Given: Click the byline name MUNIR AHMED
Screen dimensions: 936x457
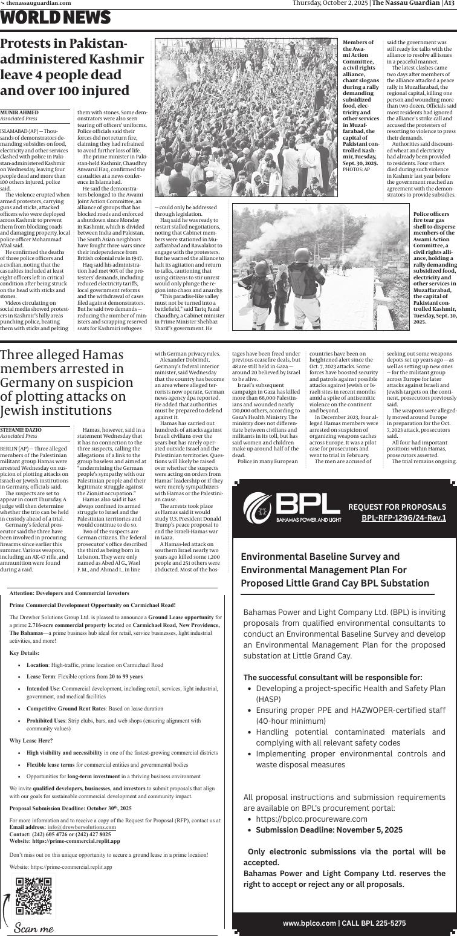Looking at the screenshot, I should pyautogui.click(x=19, y=112).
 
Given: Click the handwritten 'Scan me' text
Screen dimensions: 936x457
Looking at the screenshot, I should pyautogui.click(x=34, y=928).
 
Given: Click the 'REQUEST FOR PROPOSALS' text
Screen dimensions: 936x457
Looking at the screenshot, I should pyautogui.click(x=397, y=507).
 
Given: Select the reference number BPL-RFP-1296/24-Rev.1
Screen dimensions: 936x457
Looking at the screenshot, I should pyautogui.click(x=404, y=518).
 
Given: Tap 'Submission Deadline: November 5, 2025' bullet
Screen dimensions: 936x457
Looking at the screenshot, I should pyautogui.click(x=329, y=830).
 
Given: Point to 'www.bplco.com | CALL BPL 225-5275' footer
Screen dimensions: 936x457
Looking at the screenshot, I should pyautogui.click(x=344, y=923).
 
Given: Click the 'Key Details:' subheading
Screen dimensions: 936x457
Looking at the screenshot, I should pyautogui.click(x=24, y=652).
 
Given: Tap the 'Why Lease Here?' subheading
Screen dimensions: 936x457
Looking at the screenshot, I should pyautogui.click(x=31, y=741).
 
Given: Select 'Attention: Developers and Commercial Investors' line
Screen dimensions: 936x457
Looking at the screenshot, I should pyautogui.click(x=70, y=593).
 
